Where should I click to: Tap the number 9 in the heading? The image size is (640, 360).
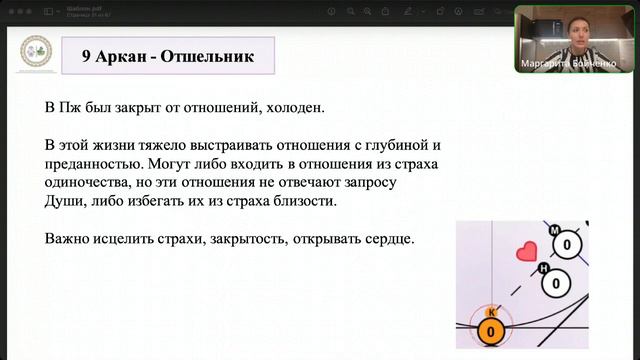pos(88,56)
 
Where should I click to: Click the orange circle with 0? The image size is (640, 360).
pos(491,330)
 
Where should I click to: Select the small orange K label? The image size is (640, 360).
pos(491,310)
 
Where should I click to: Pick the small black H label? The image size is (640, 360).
pos(544,268)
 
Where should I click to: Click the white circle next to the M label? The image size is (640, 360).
pos(567,244)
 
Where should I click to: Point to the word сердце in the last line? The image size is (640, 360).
pos(388,240)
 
